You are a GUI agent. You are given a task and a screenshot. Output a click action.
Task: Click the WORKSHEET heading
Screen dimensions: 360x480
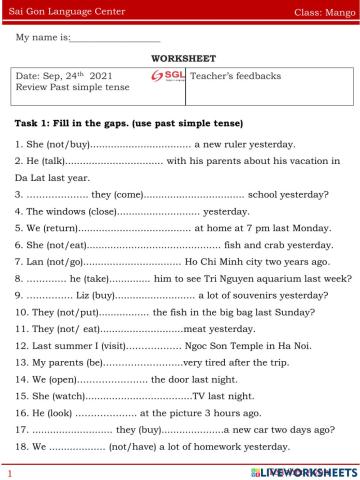180,58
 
